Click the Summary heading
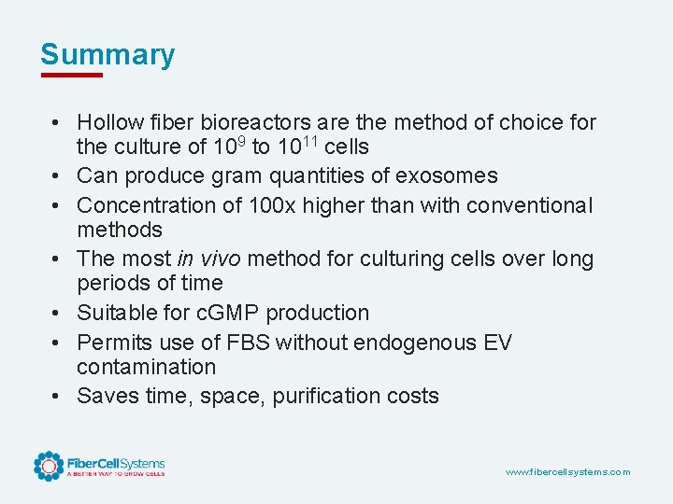(107, 54)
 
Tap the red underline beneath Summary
(71, 74)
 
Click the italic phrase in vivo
(198, 259)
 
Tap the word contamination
(146, 367)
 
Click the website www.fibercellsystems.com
(567, 472)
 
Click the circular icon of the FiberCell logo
(49, 466)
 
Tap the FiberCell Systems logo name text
(115, 463)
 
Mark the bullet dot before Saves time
(58, 396)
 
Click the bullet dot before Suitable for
(58, 313)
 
